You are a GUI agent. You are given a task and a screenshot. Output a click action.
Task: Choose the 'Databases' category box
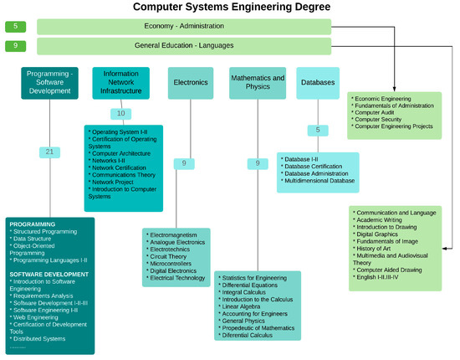(318, 83)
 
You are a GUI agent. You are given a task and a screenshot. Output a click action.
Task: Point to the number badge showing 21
(51, 152)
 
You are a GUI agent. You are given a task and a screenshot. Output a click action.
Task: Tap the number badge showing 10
(121, 113)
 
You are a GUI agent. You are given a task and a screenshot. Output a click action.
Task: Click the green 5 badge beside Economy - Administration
(16, 27)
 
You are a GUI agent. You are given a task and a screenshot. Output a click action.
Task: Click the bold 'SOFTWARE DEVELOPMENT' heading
(48, 274)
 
